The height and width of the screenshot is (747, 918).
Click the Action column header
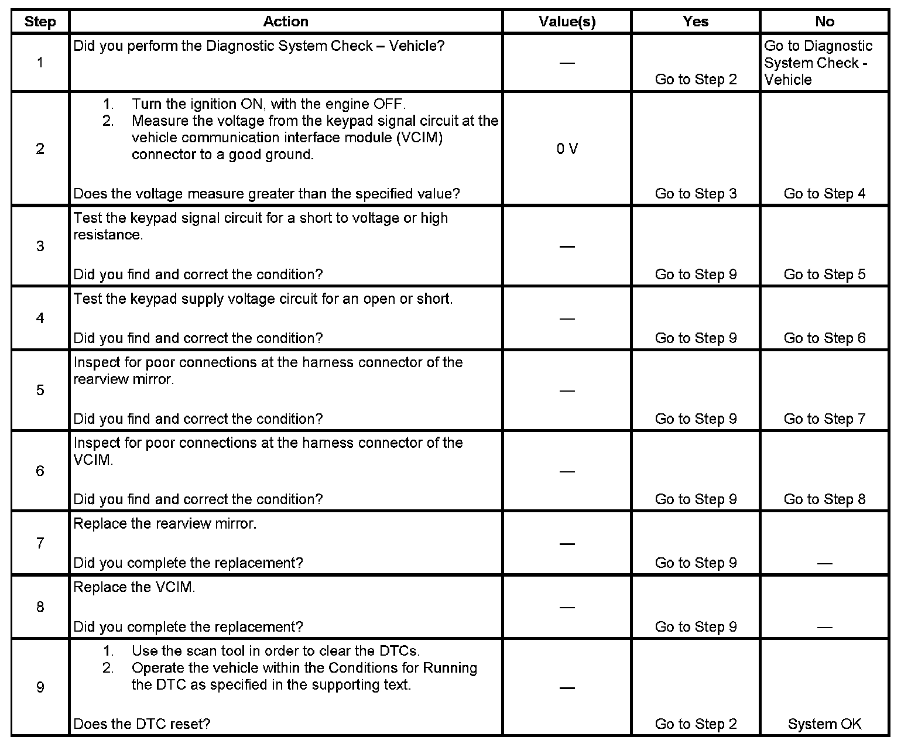pos(285,22)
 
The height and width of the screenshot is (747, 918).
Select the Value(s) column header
pos(567,22)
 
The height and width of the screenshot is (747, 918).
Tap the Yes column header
pos(696,22)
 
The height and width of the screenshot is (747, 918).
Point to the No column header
pos(824,22)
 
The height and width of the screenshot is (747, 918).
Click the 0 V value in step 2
pos(567,149)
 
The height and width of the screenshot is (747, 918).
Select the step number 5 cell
pos(40,390)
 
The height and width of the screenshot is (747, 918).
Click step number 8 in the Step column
pos(40,607)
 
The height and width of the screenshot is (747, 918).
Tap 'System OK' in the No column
pos(824,724)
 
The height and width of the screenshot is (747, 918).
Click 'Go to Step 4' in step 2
pos(824,194)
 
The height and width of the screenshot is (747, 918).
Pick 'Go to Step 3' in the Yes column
pos(696,194)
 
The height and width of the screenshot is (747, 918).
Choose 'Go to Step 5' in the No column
pos(824,275)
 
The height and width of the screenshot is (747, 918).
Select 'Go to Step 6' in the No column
pos(824,338)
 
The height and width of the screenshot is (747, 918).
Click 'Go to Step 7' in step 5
pos(824,419)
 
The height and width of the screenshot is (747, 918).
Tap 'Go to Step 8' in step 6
pos(824,499)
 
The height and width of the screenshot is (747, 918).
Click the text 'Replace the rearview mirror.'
pos(165,524)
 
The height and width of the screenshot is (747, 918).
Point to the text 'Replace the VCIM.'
pos(134,588)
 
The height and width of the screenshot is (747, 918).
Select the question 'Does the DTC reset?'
pos(142,724)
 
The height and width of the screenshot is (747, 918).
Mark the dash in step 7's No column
pos(824,563)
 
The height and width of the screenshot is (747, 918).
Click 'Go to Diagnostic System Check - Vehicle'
pos(818,63)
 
